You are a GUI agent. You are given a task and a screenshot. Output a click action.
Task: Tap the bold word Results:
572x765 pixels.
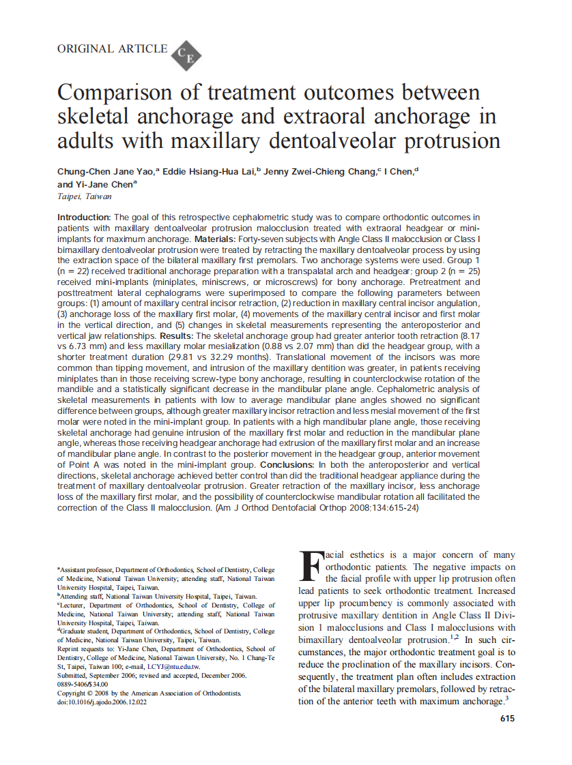[178, 337]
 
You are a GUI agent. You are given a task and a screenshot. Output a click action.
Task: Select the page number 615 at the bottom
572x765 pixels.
[506, 718]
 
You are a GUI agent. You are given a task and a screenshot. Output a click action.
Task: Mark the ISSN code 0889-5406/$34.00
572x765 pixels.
[83, 684]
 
